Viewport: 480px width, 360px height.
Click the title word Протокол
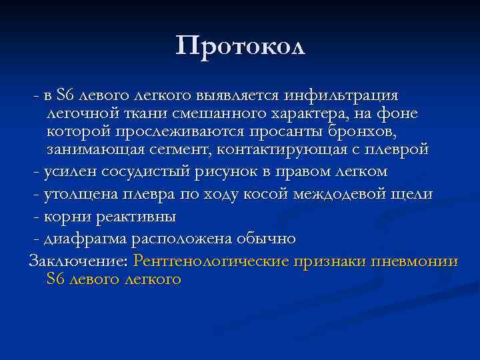240,45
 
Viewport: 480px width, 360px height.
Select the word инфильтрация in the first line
342,97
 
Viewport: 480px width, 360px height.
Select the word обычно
268,239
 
